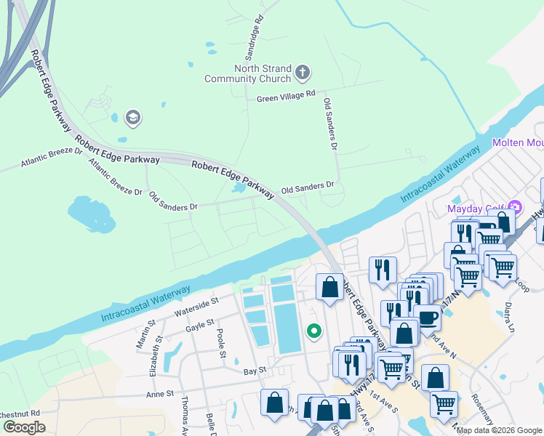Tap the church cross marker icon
point(303,73)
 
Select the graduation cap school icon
point(132,116)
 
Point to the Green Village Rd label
point(286,95)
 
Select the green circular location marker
point(314,331)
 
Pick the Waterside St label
point(196,306)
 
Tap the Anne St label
point(160,393)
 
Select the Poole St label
point(221,344)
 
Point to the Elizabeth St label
point(153,359)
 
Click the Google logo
point(24,427)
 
